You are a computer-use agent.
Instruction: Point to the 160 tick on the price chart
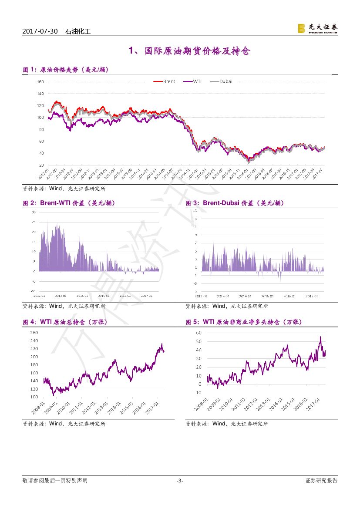tap(40, 82)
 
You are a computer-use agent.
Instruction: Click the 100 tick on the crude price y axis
tap(40, 118)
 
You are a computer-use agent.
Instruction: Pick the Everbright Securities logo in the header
tap(317, 29)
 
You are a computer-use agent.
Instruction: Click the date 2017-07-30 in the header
tap(40, 32)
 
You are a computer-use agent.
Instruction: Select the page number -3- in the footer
tap(180, 481)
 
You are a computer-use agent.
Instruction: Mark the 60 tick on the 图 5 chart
tap(199, 333)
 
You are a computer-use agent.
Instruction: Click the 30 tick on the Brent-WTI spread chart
tap(34, 212)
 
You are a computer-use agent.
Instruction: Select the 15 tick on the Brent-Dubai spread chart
tap(195, 210)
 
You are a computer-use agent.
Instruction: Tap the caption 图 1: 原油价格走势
tap(65, 70)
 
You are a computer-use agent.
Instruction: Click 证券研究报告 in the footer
tap(321, 481)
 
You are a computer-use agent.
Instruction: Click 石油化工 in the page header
tap(78, 32)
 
